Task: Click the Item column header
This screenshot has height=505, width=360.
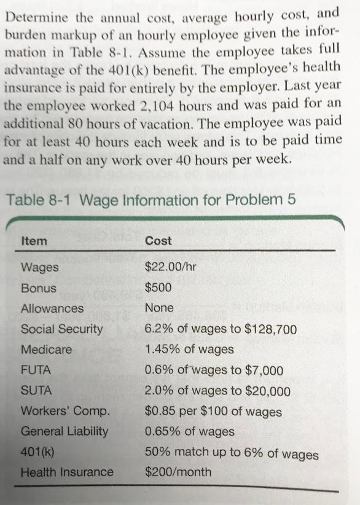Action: [33, 241]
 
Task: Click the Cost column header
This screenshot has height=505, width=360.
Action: [158, 241]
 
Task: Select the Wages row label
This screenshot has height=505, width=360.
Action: [40, 268]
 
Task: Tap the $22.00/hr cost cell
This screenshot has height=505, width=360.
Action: [170, 267]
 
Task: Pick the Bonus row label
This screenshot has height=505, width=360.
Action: [39, 288]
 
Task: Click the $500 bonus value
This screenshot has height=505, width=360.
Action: [159, 288]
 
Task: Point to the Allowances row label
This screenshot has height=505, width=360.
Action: [52, 308]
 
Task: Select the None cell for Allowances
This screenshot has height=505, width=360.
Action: [159, 308]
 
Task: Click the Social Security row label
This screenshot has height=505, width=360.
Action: [62, 329]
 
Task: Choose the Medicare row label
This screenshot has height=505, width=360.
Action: [46, 350]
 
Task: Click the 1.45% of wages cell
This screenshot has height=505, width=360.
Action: [189, 350]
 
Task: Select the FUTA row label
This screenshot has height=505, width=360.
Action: [36, 370]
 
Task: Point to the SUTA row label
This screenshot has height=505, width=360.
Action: [36, 391]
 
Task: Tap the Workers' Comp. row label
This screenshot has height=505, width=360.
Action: [66, 411]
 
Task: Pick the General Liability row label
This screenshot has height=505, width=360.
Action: [65, 431]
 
